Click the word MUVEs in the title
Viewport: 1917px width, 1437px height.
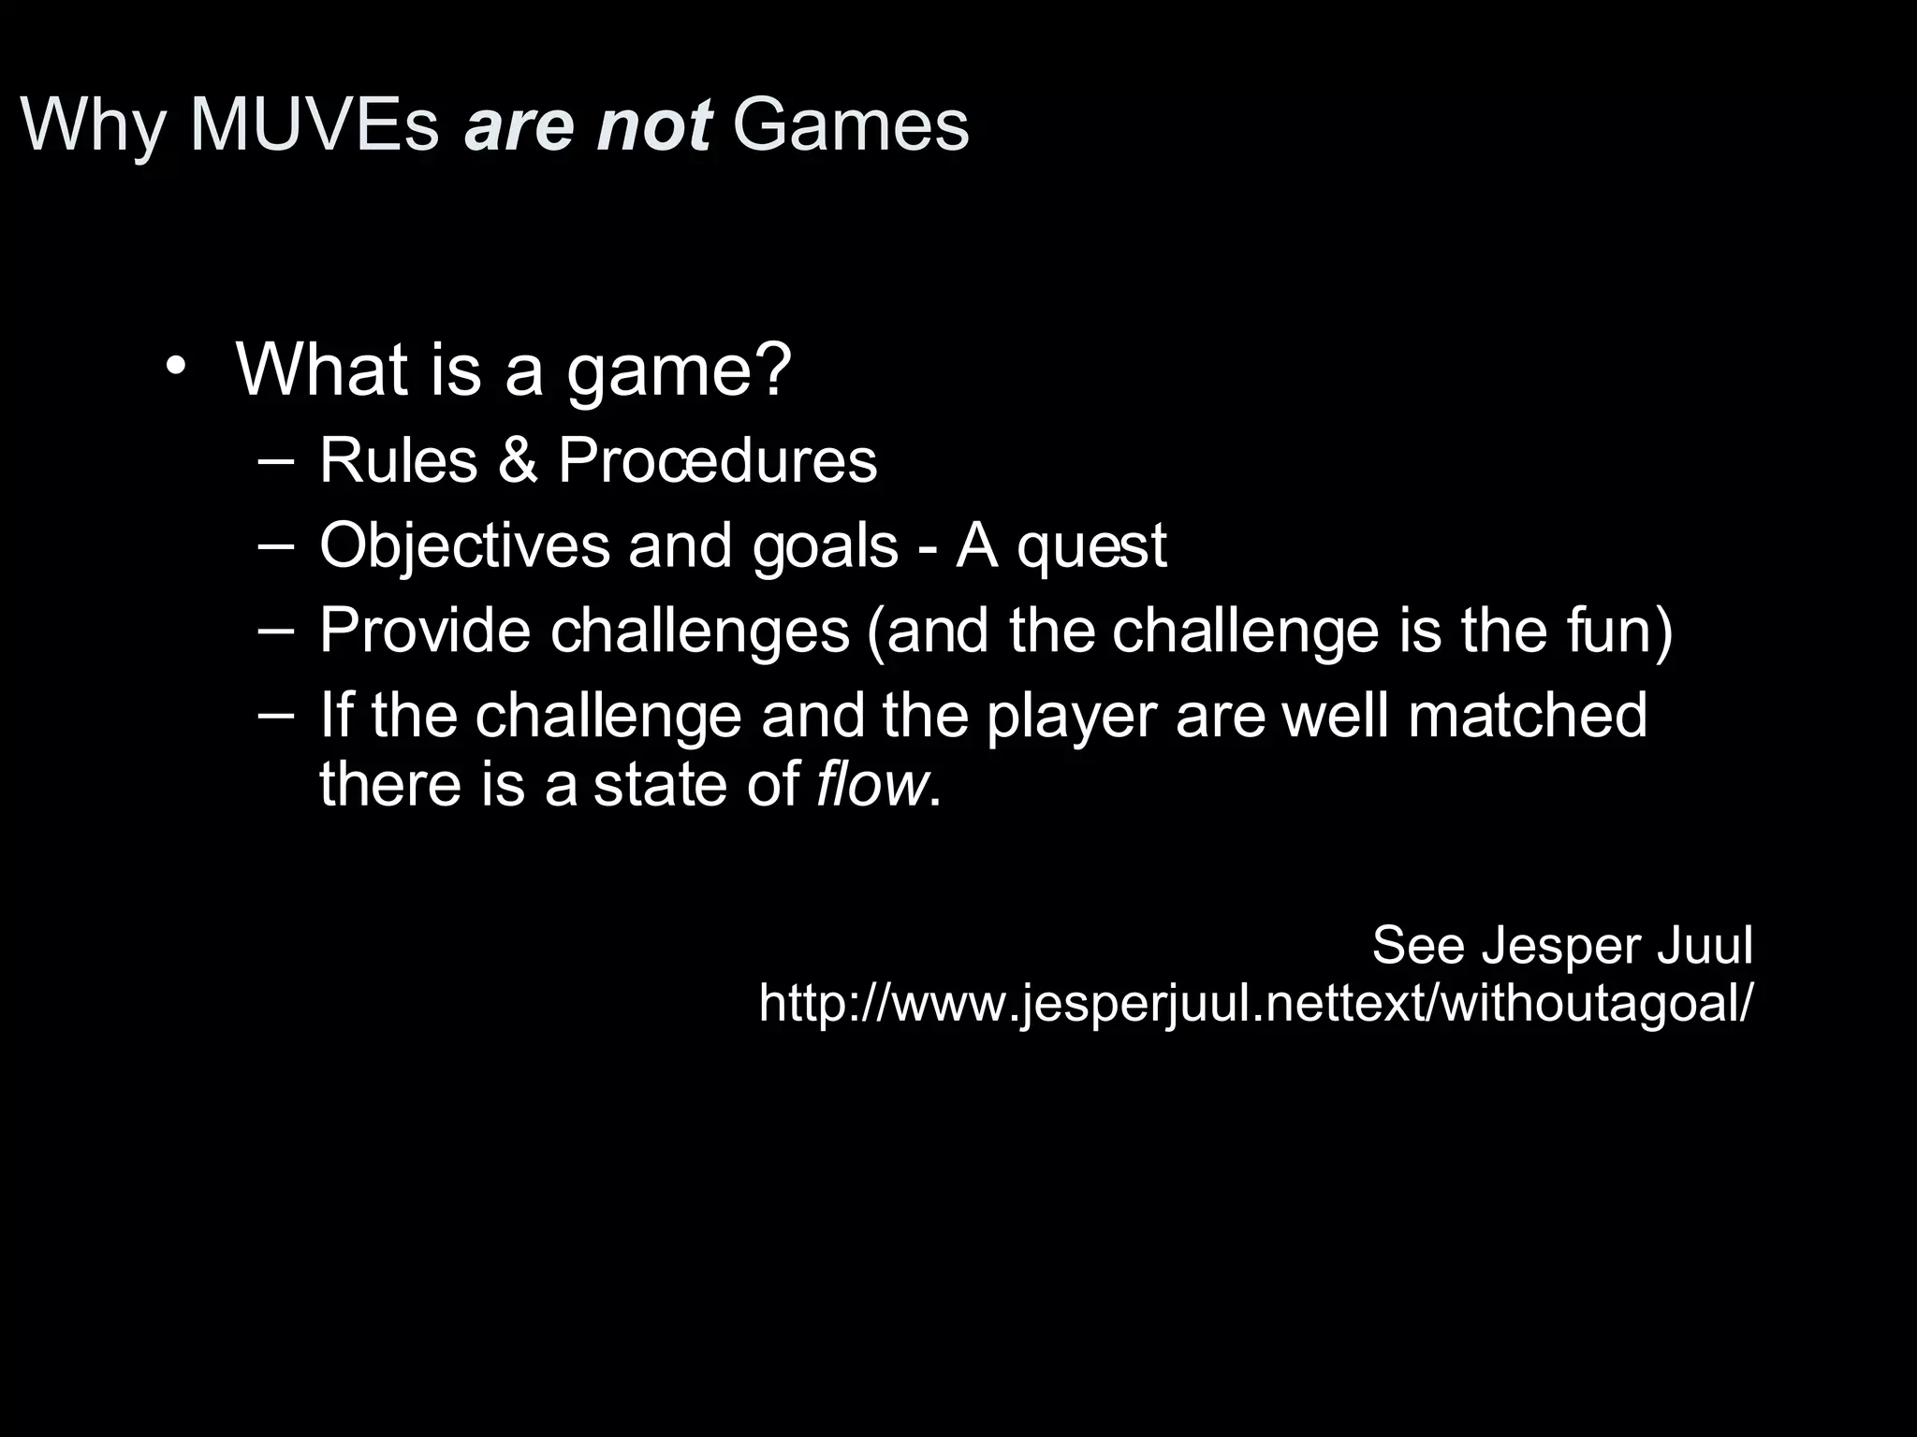tap(314, 124)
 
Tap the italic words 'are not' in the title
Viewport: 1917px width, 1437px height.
tap(588, 124)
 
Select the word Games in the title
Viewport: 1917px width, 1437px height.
tap(850, 124)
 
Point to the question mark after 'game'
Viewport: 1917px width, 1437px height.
tap(773, 369)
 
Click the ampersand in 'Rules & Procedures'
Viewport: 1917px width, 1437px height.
tap(518, 460)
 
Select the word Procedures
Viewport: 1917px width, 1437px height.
tap(717, 460)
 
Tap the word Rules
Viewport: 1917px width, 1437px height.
tap(399, 460)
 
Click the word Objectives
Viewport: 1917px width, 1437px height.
tap(464, 545)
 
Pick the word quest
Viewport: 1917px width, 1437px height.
tap(1091, 545)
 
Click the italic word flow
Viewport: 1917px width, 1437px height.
tap(871, 784)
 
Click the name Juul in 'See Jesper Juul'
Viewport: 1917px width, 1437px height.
tap(1705, 945)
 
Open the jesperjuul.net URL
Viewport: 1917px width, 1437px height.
tap(1255, 1003)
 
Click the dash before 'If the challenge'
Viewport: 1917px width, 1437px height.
tap(275, 714)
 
